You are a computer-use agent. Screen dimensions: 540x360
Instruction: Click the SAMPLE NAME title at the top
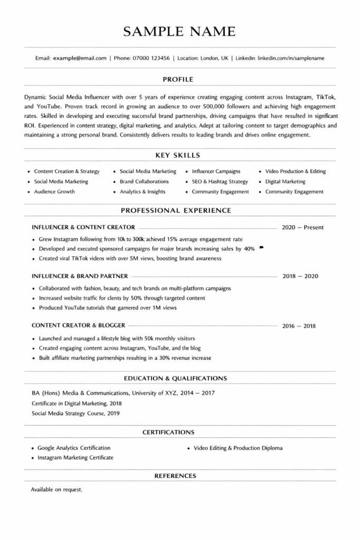[179, 32]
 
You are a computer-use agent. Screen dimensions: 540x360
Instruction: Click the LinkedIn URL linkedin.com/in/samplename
[291, 58]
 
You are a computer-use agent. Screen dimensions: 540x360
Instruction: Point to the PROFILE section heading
[178, 80]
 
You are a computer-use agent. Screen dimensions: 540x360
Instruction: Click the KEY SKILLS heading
[178, 156]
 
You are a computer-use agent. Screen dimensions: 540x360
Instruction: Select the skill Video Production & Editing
[295, 171]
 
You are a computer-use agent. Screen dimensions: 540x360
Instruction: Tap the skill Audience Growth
[54, 192]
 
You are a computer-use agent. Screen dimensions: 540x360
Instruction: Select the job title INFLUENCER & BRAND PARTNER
[80, 276]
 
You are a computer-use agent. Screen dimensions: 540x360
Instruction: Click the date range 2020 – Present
[303, 228]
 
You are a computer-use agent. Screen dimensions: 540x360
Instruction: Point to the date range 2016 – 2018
[299, 326]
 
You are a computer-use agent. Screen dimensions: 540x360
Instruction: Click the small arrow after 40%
[261, 248]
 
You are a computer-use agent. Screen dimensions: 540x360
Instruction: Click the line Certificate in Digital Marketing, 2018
[76, 403]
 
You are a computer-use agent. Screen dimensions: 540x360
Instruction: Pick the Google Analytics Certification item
[74, 448]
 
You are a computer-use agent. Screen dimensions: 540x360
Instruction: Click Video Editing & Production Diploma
[238, 448]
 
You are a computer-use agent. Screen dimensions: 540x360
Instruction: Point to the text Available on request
[57, 489]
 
